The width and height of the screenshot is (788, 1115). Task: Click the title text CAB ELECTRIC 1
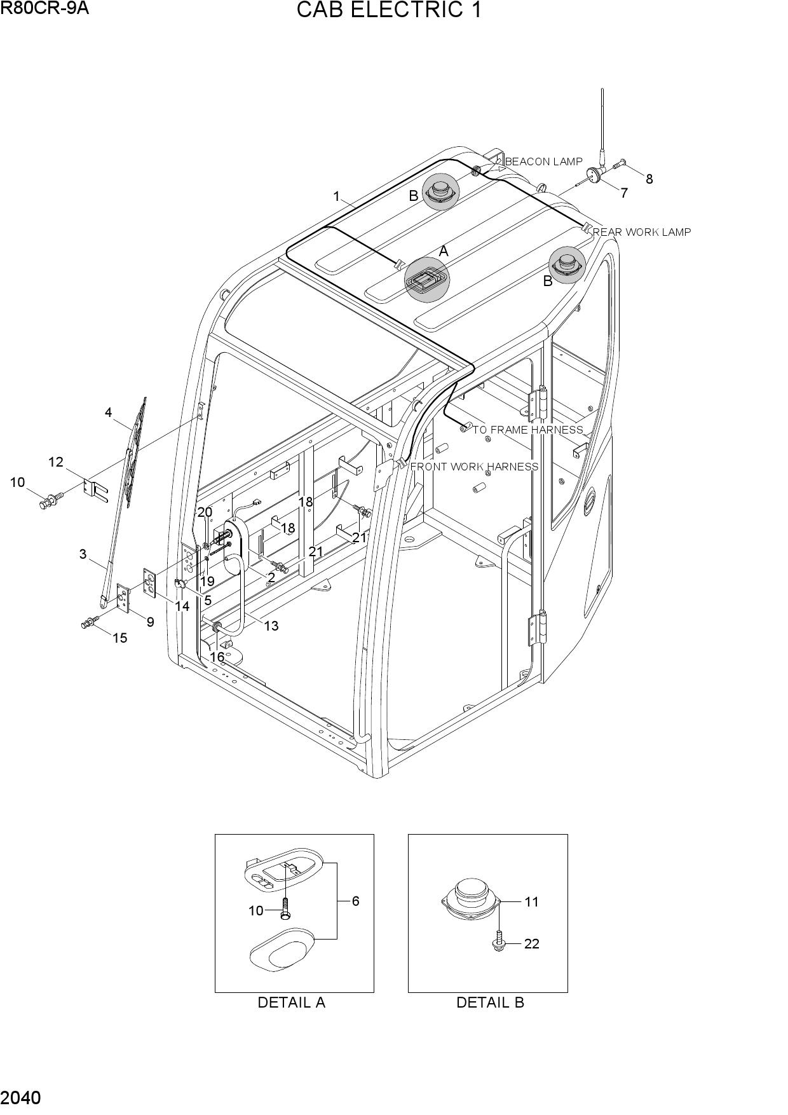point(389,11)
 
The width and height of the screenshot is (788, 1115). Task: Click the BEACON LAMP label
point(543,161)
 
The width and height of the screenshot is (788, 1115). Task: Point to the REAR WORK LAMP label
point(642,232)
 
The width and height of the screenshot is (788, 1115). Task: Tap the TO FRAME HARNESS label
point(527,430)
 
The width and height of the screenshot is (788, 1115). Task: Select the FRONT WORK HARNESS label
point(475,467)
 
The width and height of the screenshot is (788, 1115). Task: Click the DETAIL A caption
point(291,1002)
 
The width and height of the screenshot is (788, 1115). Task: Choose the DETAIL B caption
point(490,1002)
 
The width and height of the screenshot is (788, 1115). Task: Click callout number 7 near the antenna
point(624,193)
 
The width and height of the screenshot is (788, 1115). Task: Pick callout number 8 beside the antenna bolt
point(649,179)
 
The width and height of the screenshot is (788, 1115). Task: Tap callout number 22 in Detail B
point(532,944)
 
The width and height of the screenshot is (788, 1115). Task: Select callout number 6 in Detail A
point(355,901)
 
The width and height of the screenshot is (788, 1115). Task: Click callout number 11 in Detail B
point(531,901)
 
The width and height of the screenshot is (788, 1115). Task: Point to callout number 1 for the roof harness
point(337,196)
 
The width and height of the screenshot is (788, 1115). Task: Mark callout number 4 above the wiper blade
point(109,413)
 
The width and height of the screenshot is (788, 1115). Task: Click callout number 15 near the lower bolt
point(119,638)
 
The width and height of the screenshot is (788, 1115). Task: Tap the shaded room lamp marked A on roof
point(427,278)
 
